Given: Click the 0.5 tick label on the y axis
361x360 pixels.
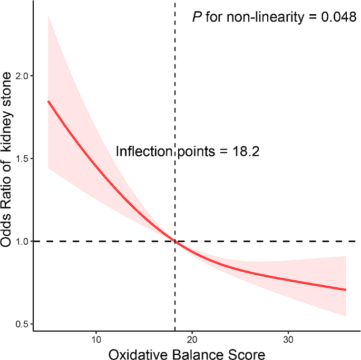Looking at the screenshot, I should coord(22,324).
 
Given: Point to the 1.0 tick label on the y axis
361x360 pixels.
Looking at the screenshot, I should coord(22,241).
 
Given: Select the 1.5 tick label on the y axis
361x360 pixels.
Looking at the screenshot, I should coord(22,158).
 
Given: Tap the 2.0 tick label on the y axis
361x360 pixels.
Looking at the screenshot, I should coord(22,76).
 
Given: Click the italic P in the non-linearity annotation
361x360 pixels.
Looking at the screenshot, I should coord(198,17).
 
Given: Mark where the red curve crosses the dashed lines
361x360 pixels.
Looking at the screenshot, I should coord(174,241).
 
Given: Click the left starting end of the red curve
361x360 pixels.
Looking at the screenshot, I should coord(48,101).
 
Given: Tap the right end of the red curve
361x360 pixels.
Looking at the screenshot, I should coord(346,289).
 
